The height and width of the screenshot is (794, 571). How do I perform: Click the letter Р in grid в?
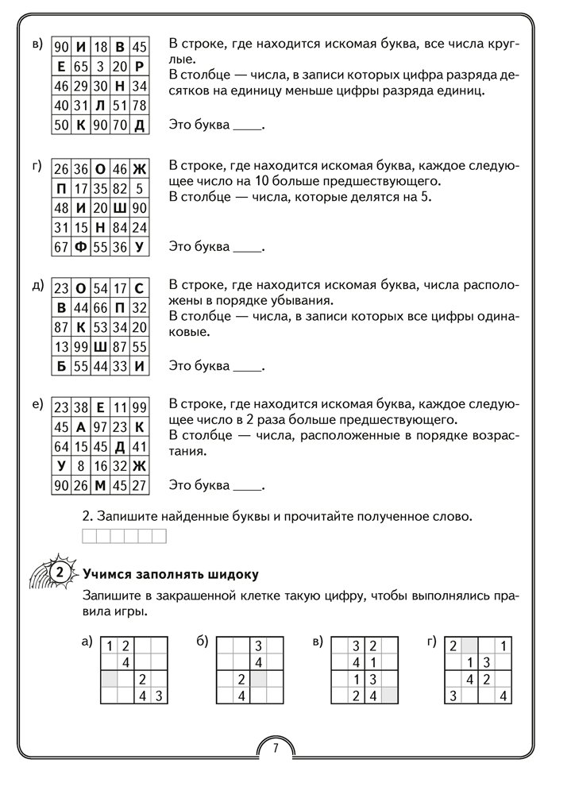tap(139, 66)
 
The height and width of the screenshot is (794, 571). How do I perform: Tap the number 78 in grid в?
tap(139, 105)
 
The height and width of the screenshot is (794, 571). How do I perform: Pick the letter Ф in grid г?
tap(79, 247)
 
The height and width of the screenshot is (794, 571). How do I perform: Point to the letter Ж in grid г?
tap(139, 169)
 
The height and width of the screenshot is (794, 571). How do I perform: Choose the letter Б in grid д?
tap(60, 368)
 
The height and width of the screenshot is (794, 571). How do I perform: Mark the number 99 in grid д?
tap(79, 348)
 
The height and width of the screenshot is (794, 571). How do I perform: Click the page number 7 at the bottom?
tap(275, 747)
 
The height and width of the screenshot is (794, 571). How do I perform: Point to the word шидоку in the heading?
tap(236, 574)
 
